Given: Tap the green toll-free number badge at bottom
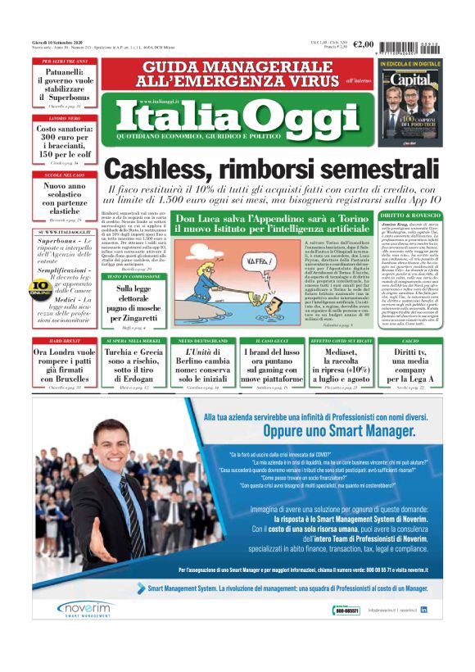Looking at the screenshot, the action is [x=347, y=610].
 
